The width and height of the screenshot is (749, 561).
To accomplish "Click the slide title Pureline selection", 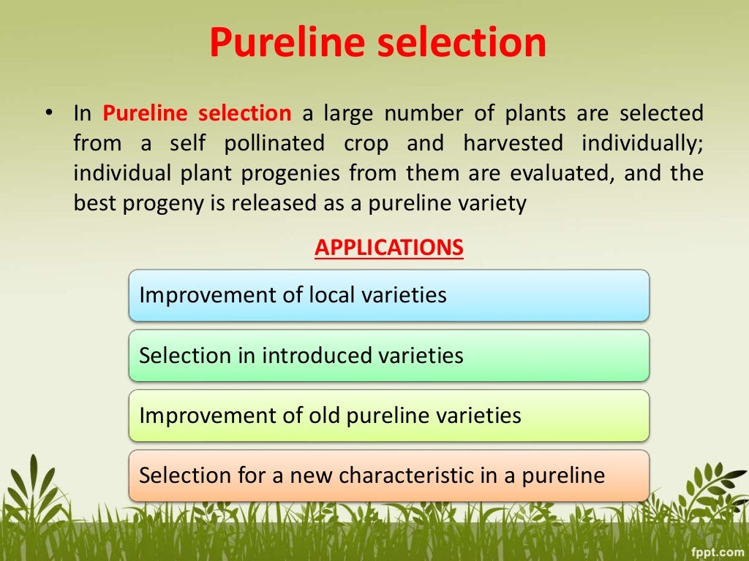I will pos(377,42).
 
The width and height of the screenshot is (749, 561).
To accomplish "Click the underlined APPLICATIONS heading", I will pos(389,248).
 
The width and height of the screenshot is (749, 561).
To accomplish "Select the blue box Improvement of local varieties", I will pos(388,295).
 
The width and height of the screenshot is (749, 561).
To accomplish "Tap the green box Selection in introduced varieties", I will pos(388,356).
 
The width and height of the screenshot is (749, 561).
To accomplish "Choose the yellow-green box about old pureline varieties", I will pos(388,416).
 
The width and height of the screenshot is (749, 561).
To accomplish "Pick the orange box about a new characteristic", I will pos(388,476).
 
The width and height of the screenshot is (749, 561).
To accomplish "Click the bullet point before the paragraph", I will pos(48,114).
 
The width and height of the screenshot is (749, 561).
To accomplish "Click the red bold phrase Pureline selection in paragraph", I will pos(197,114).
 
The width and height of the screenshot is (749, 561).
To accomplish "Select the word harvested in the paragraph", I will pos(513,144).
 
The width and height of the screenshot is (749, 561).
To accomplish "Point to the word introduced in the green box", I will pos(317,356).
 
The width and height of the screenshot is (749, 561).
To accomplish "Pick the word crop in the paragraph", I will pos(366,144).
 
